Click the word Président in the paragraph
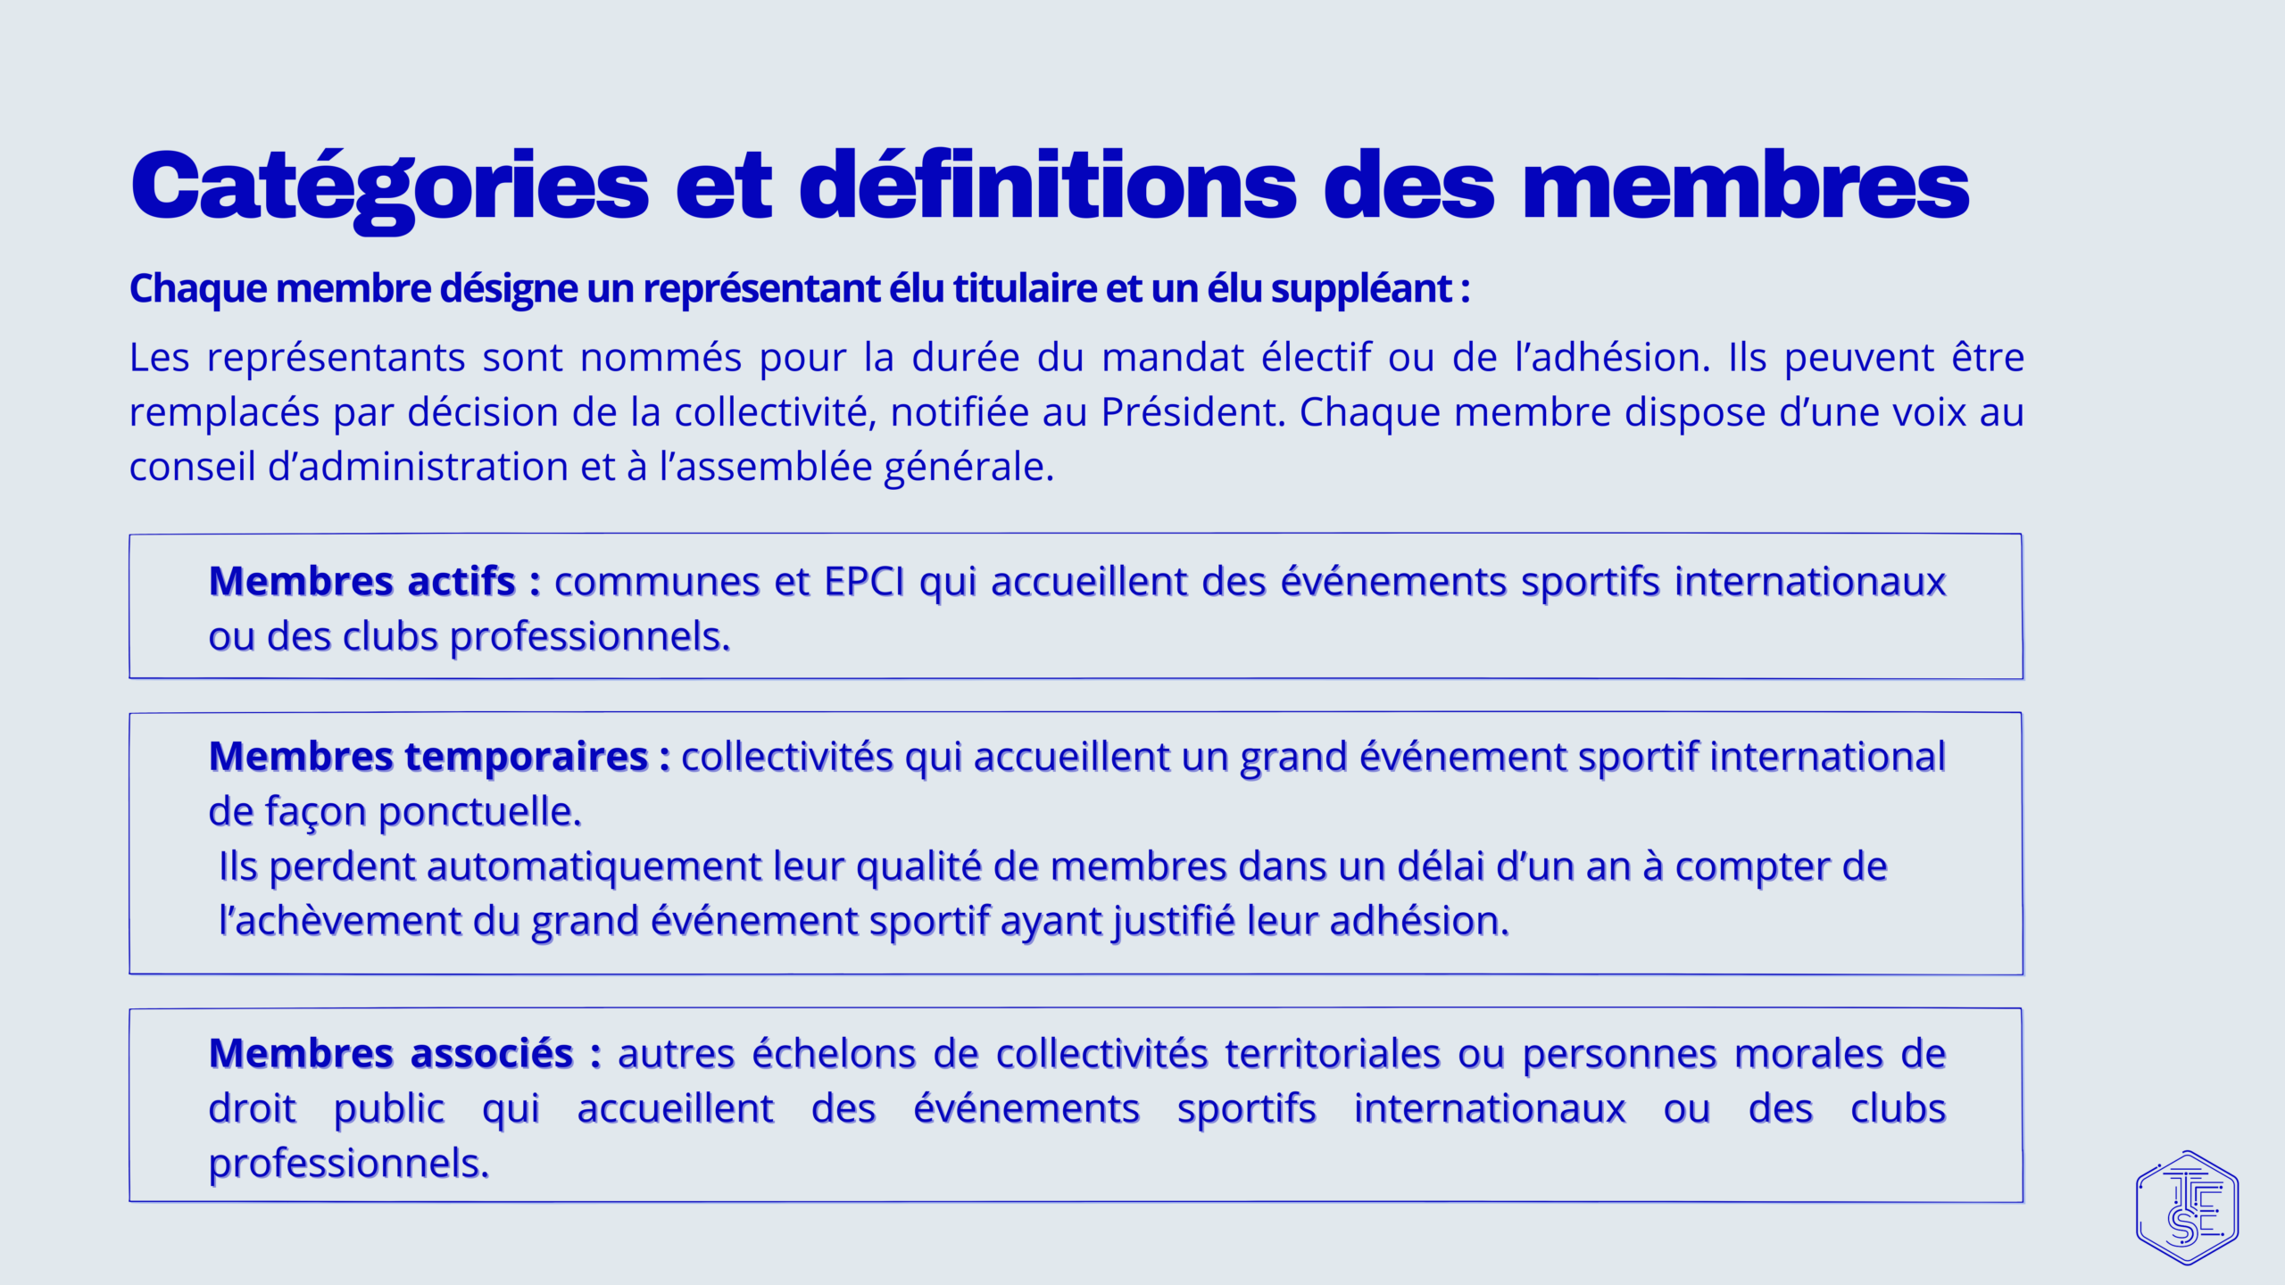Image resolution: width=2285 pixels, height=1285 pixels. click(x=1192, y=412)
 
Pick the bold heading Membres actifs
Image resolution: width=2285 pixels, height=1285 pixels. click(x=362, y=582)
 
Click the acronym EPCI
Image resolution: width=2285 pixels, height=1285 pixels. click(x=864, y=582)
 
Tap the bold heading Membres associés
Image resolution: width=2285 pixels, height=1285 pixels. click(x=391, y=1054)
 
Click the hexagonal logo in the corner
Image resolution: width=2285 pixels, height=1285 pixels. click(x=2187, y=1207)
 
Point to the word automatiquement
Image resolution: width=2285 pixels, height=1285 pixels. click(x=594, y=867)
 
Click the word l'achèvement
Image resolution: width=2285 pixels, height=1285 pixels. click(x=340, y=922)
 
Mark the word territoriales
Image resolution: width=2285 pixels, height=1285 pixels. click(x=1333, y=1054)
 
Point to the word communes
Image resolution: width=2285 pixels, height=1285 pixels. click(x=655, y=583)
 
